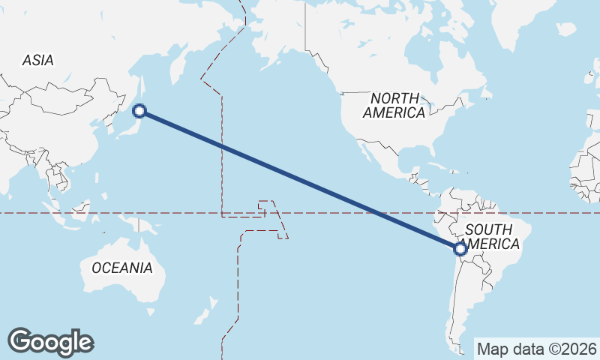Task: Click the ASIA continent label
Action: point(37,61)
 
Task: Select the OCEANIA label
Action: point(121,268)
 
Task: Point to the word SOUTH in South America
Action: point(488,229)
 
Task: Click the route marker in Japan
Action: point(139,112)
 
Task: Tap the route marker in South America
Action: point(460,249)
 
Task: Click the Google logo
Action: point(50,342)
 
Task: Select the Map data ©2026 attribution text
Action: point(536,349)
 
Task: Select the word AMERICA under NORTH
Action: point(394,113)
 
